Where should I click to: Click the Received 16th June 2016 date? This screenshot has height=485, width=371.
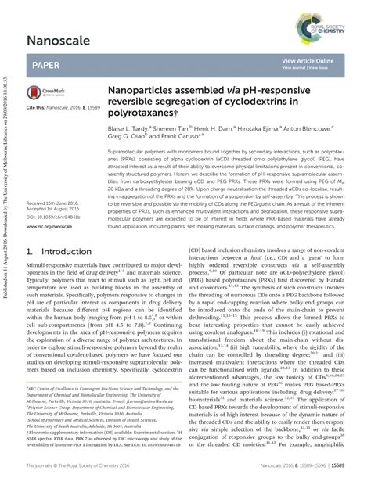tap(54, 203)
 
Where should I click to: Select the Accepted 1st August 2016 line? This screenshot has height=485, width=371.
tap(54, 209)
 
